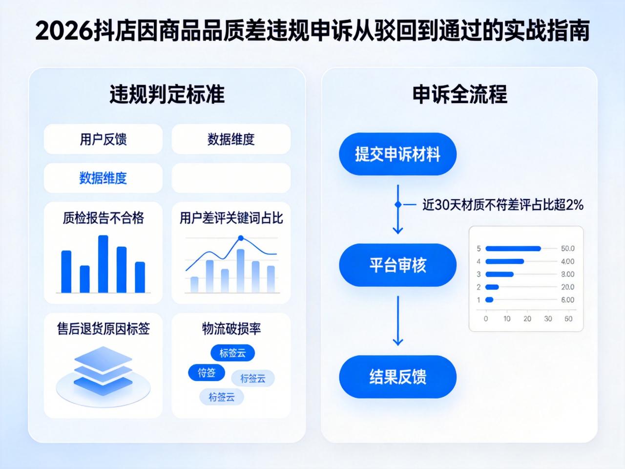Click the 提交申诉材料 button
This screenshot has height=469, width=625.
click(x=397, y=154)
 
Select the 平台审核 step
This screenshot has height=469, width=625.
click(x=397, y=265)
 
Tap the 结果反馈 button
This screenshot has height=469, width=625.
click(x=397, y=377)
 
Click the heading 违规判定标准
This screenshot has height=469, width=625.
click(x=167, y=94)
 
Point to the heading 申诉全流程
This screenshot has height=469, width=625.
click(x=459, y=94)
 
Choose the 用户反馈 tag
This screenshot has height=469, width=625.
click(x=103, y=139)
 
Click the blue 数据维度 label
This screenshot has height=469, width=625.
click(x=103, y=178)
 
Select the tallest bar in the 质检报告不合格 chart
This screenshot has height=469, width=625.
click(x=103, y=264)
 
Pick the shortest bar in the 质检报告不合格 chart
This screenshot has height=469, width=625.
click(x=84, y=279)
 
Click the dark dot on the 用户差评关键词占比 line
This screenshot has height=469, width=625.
click(x=240, y=238)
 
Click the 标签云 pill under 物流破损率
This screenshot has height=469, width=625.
click(x=232, y=353)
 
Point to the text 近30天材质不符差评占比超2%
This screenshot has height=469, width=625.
click(x=502, y=205)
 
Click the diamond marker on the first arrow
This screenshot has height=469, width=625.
click(x=397, y=205)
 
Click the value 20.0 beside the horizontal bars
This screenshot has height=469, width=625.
click(x=567, y=287)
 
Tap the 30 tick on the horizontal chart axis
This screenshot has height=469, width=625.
click(x=548, y=319)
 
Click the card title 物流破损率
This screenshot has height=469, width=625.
click(x=231, y=329)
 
